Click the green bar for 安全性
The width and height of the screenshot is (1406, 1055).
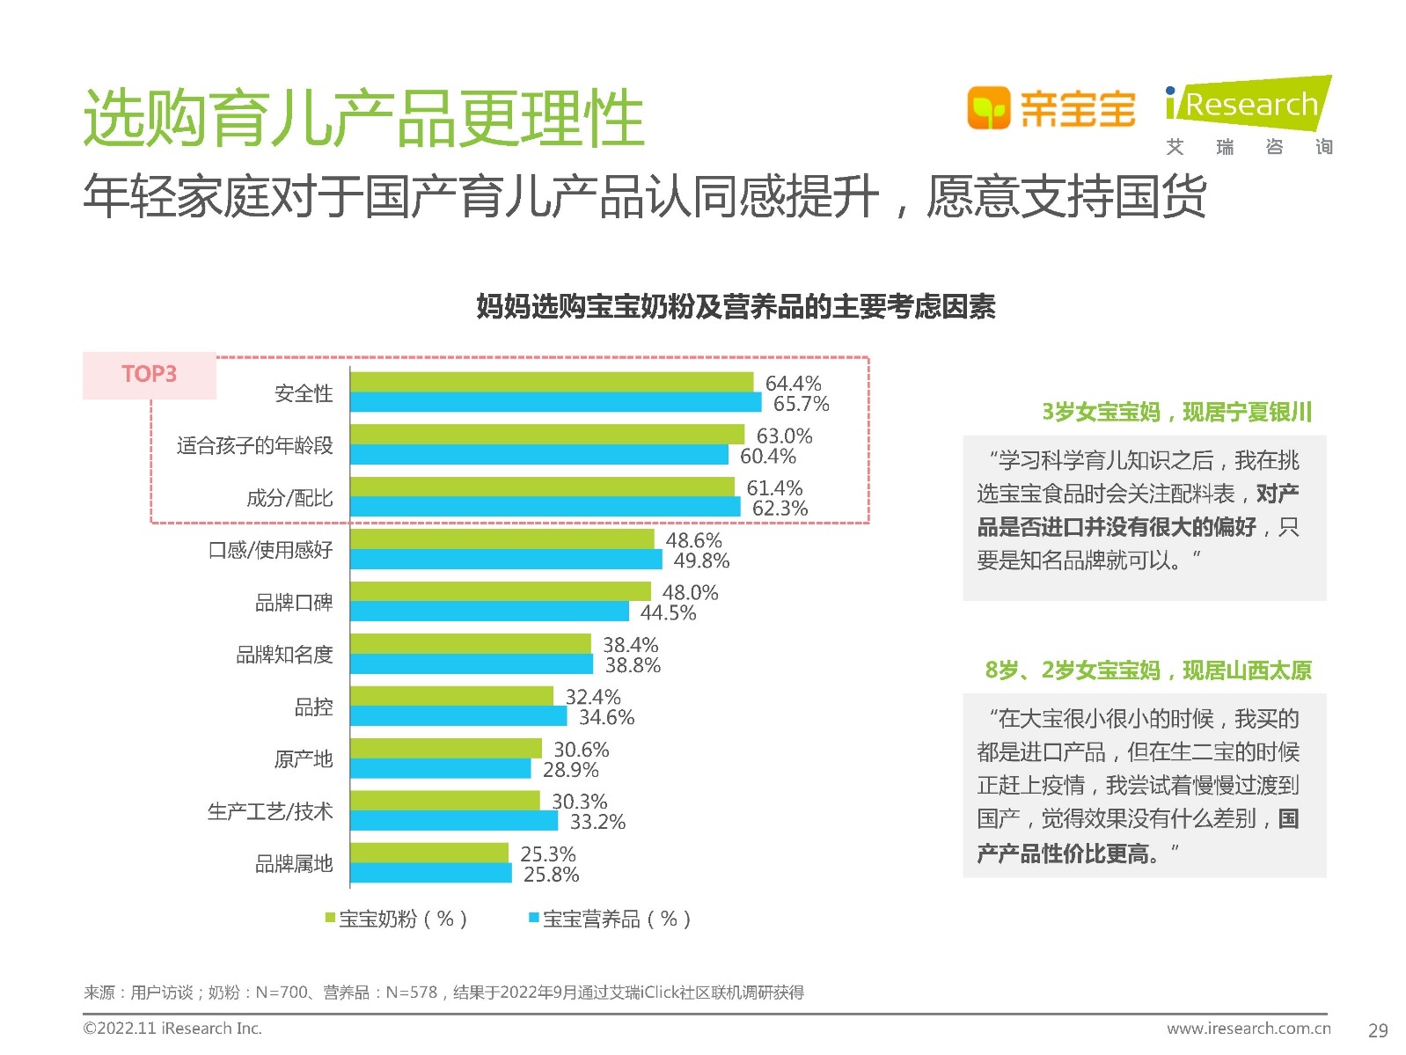point(552,382)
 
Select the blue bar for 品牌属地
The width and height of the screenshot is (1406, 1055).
point(430,874)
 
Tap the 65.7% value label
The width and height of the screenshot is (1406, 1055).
point(801,404)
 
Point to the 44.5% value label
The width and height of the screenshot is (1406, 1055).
point(668,613)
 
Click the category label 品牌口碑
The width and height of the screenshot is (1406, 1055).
point(294,603)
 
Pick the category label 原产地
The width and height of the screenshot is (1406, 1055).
point(303,759)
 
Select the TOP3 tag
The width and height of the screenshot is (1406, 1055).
point(150,375)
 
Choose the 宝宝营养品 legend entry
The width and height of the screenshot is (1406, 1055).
point(609,919)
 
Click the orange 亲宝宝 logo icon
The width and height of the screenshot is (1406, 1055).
point(988,108)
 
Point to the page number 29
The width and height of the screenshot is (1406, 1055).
point(1378,1030)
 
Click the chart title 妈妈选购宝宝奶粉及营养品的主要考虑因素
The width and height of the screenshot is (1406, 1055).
point(736,307)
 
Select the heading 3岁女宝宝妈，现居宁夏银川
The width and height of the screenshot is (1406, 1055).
point(1176,412)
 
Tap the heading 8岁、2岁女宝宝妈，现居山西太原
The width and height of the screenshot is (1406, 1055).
point(1147,670)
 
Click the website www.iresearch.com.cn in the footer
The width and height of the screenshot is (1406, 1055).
point(1248,1029)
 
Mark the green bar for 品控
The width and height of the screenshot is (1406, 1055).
point(451,696)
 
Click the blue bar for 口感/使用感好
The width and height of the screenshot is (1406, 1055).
point(506,560)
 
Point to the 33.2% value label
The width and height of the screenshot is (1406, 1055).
point(597,823)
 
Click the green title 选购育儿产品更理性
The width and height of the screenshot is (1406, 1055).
point(363,119)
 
